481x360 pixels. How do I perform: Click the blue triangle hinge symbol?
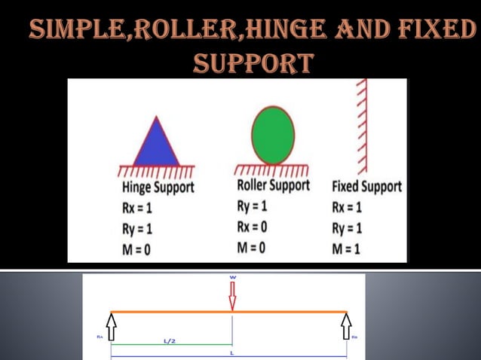(x=157, y=145)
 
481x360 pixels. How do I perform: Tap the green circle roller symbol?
(x=272, y=136)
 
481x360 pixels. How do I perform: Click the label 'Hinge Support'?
(x=158, y=187)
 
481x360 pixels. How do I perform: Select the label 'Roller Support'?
(x=273, y=185)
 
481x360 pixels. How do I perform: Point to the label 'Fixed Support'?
(x=366, y=187)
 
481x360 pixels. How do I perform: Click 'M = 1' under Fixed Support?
(x=348, y=249)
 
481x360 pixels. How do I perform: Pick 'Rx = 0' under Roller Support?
(x=254, y=226)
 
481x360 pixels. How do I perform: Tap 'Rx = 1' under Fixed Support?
(x=348, y=207)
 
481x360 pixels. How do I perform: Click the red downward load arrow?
(x=232, y=296)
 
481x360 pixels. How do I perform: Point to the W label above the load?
(x=232, y=277)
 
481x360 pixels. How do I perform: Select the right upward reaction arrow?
(x=347, y=325)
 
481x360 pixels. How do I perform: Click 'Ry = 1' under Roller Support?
(x=254, y=205)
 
